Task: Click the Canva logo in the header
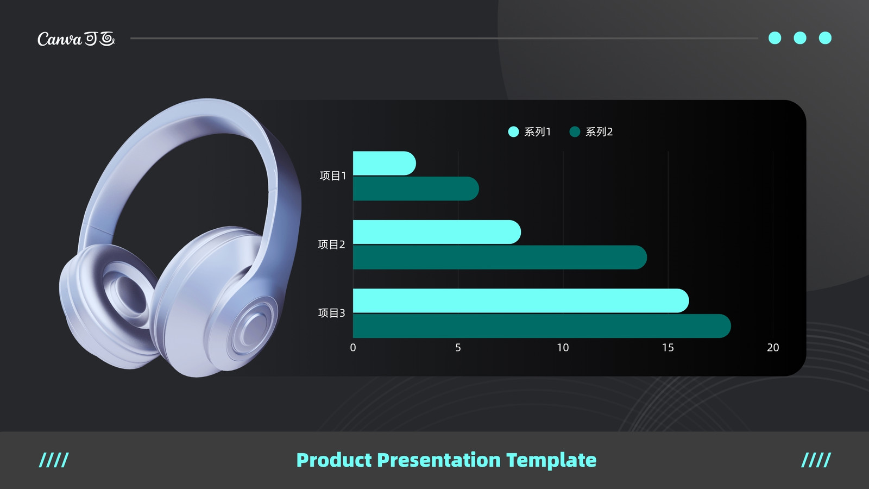coord(76,39)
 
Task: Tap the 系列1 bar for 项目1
coord(385,164)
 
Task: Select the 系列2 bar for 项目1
coord(416,189)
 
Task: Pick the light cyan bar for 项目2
coord(437,232)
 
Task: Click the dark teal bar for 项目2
coord(500,258)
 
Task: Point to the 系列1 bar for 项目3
coord(521,301)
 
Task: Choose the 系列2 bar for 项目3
coord(542,326)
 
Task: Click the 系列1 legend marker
coord(513,132)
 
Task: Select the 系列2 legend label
coord(599,132)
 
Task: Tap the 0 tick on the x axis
coord(352,347)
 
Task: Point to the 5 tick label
coord(458,347)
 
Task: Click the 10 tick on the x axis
coord(563,347)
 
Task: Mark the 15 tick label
coord(668,347)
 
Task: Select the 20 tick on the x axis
coord(773,347)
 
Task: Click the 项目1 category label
coord(333,176)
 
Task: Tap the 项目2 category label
coord(332,244)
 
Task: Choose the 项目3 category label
coord(332,313)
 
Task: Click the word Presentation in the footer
coord(439,460)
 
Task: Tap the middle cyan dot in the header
coord(800,38)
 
